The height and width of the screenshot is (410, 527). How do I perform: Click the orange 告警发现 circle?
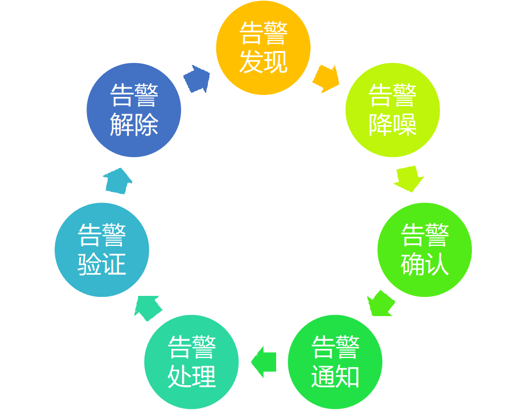pyautogui.click(x=263, y=47)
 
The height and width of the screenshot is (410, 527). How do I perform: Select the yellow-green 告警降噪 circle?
pyautogui.click(x=392, y=110)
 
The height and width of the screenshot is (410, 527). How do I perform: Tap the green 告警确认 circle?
pyautogui.click(x=424, y=249)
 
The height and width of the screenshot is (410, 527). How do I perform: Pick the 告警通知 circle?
pyautogui.click(x=335, y=362)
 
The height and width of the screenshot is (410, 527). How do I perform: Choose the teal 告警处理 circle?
pyautogui.click(x=191, y=362)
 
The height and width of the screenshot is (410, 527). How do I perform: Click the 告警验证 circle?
pyautogui.click(x=102, y=249)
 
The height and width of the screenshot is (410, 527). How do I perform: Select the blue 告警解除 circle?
pyautogui.click(x=134, y=110)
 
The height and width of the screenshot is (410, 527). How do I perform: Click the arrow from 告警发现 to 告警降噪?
pyautogui.click(x=326, y=78)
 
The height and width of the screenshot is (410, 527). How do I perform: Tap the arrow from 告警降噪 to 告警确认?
pyautogui.click(x=409, y=178)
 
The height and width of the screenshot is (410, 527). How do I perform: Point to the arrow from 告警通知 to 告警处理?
pyautogui.click(x=263, y=362)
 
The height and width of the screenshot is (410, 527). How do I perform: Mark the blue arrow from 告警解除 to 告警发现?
pyautogui.click(x=197, y=79)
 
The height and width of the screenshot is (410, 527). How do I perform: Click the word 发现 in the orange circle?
pyautogui.click(x=263, y=62)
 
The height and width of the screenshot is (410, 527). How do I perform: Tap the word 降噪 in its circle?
pyautogui.click(x=392, y=124)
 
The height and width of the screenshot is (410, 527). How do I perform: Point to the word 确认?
pyautogui.click(x=424, y=264)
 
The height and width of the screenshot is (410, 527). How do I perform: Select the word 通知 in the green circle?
pyautogui.click(x=335, y=376)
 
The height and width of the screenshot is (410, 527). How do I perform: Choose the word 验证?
pyautogui.click(x=102, y=264)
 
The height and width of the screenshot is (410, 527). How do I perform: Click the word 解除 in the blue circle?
pyautogui.click(x=134, y=124)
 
